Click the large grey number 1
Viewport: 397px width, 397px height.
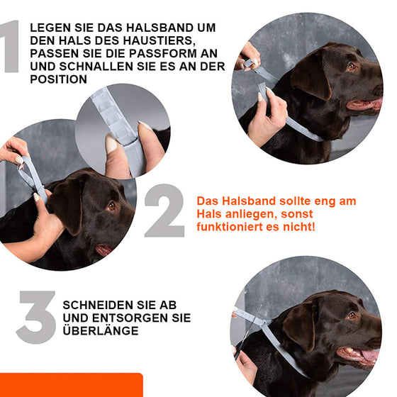point(10,47)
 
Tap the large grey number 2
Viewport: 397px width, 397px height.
point(164,211)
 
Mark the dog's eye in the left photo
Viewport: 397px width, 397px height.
point(111,206)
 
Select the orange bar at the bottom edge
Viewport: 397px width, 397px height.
point(71,386)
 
